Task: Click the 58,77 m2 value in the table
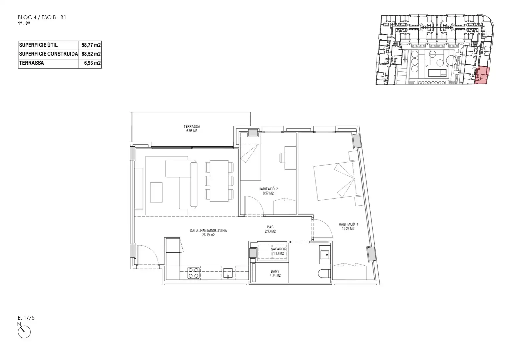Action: pos(91,45)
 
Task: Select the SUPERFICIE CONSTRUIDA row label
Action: pos(48,54)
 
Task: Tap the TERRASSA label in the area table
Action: pos(31,63)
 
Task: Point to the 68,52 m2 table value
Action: pos(91,54)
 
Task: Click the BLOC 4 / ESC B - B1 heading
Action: pos(42,18)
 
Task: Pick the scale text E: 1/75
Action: pos(26,318)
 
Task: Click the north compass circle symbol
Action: pos(24,332)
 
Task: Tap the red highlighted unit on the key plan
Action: pos(482,76)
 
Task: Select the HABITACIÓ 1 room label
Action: pos(348,224)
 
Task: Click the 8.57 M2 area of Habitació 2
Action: pos(268,193)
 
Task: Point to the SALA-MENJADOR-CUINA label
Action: pos(208,231)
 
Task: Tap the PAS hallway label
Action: pos(270,227)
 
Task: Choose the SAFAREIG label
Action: pos(278,249)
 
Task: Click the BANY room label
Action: pos(275,271)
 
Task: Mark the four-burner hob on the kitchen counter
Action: pos(193,273)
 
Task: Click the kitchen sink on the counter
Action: pos(228,273)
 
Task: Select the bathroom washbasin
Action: pos(325,255)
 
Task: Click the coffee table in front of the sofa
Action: pos(156,192)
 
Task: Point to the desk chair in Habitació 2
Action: pos(283,158)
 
